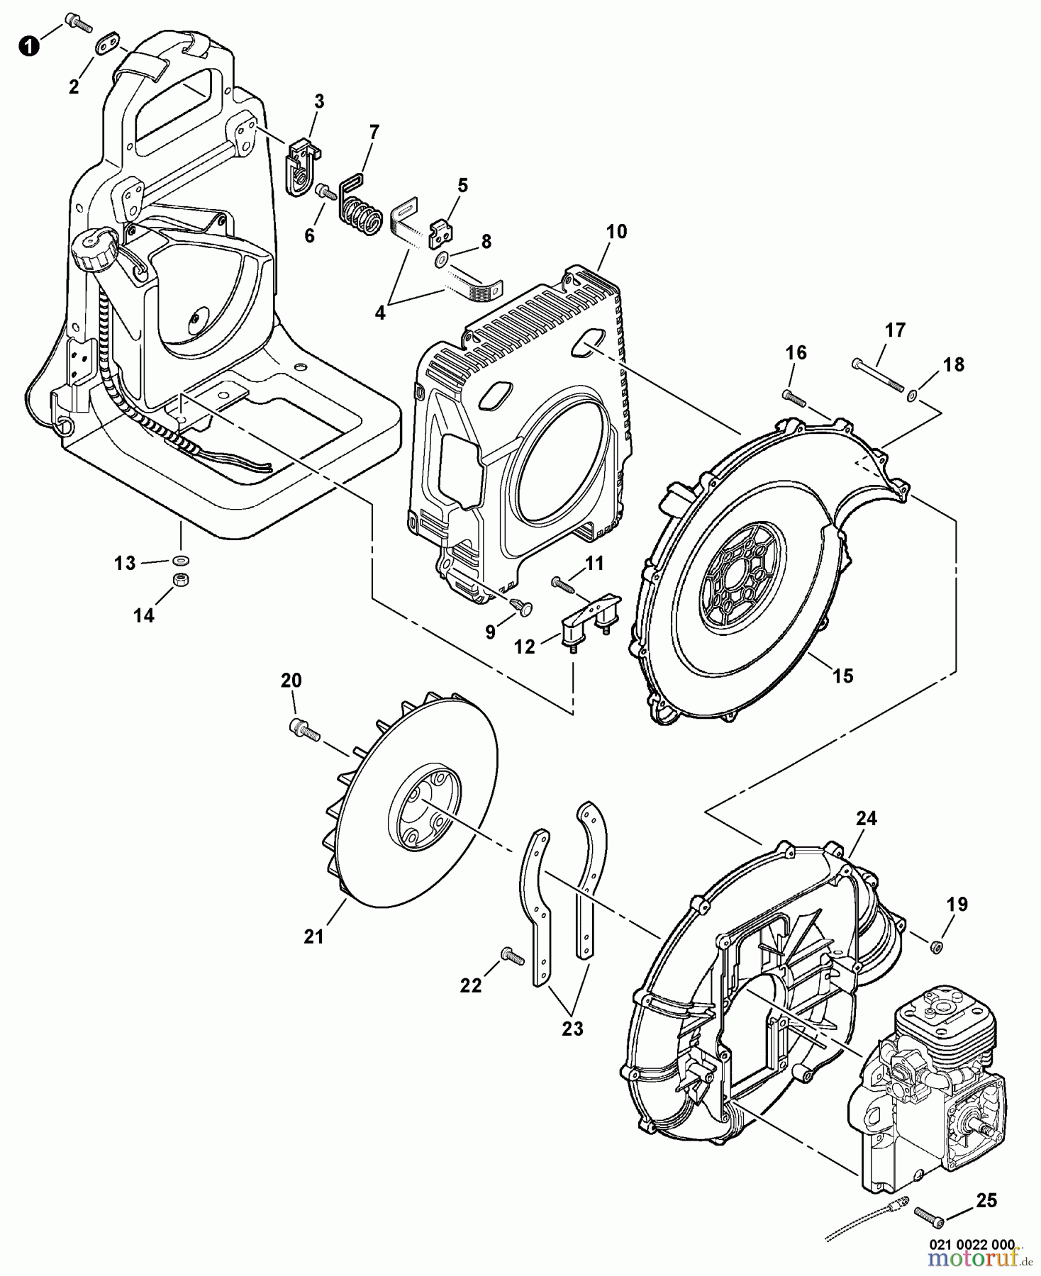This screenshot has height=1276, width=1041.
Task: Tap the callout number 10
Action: (x=616, y=232)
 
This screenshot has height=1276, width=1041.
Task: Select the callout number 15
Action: (x=843, y=676)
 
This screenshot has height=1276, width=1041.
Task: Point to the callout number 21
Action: (x=313, y=936)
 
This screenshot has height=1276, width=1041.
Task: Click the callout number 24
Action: (x=867, y=819)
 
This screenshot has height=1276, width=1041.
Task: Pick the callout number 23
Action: (x=572, y=1029)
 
